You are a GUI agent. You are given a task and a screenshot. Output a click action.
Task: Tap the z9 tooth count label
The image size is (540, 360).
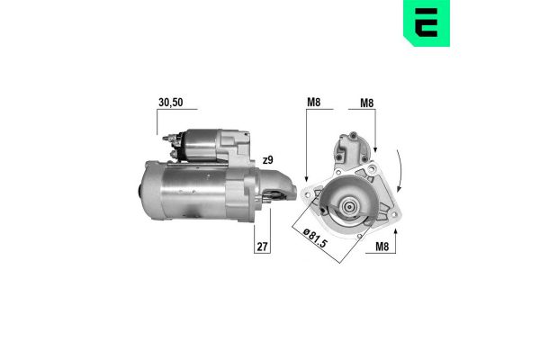[x=267, y=161]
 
